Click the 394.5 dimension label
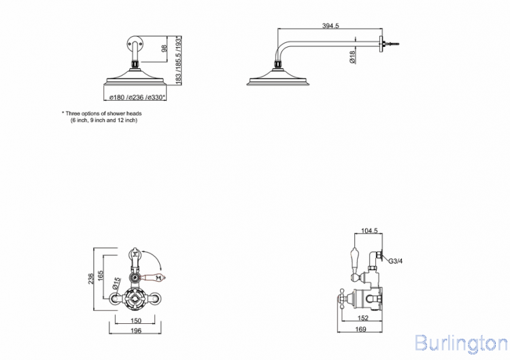pos(330,26)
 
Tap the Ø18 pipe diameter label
pos(352,57)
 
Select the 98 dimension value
pos(165,48)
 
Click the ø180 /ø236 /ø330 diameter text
pos(137,97)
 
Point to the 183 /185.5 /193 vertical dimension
pos(178,61)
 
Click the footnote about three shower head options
pos(102,117)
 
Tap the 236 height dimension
pos(90,278)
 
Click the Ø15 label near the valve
pos(116,283)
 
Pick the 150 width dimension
pos(135,321)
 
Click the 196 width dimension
pos(135,331)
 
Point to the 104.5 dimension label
pos(369,231)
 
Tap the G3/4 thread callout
pos(396,261)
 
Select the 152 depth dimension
pos(362,318)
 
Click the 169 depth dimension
pos(360,329)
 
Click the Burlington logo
pos(461,343)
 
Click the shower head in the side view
pos(278,77)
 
